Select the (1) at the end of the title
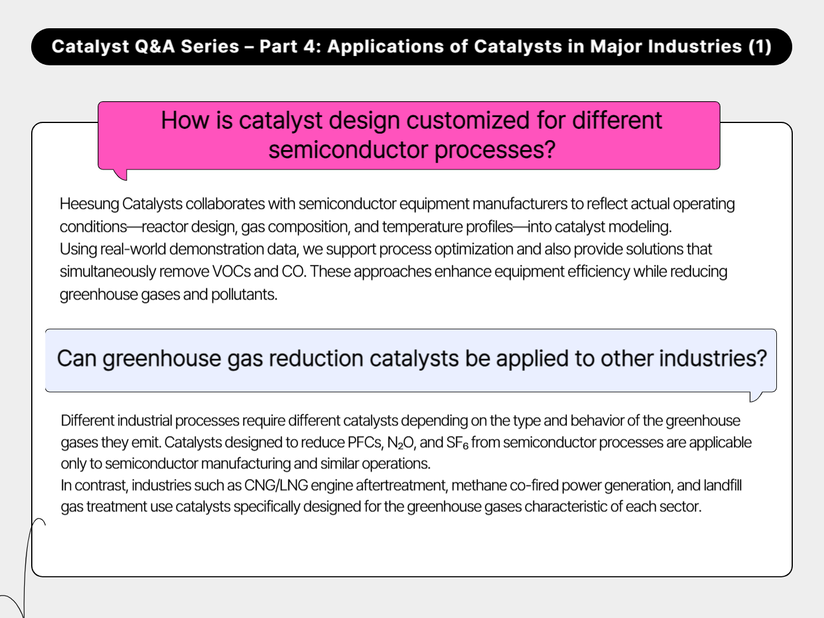[x=759, y=46]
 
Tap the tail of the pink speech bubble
[x=120, y=174]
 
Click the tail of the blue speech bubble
[x=755, y=397]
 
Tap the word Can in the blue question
[x=77, y=358]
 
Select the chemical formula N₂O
[x=400, y=443]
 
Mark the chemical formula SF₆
[x=457, y=443]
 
